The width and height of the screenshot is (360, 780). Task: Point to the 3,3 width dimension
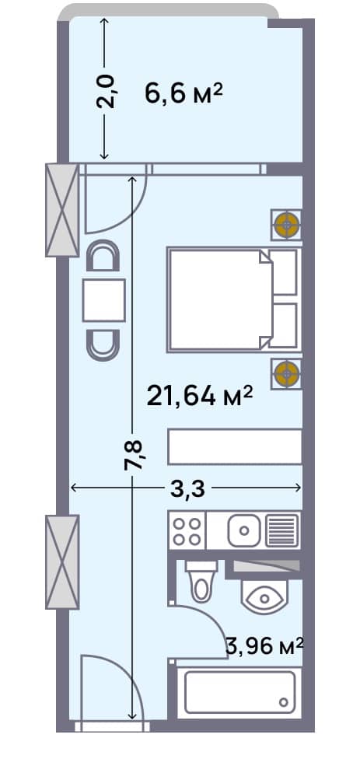coord(187,488)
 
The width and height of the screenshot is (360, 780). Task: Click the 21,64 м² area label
coord(201,395)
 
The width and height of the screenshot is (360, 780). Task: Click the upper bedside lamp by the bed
coord(287,226)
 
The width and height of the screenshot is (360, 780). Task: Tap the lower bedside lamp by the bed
coord(287,373)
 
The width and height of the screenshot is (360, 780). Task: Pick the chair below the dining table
coord(103,344)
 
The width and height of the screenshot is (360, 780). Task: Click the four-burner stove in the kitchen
coord(187,531)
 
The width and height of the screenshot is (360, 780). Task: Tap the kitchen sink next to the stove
coord(244,531)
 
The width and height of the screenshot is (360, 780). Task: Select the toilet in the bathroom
coord(200,580)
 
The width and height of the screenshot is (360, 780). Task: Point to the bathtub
coord(236,691)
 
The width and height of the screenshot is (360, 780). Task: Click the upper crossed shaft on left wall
coord(62,210)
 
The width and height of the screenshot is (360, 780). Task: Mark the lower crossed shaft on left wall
coord(62,561)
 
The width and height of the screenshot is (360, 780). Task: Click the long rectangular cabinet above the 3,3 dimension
coord(235,447)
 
